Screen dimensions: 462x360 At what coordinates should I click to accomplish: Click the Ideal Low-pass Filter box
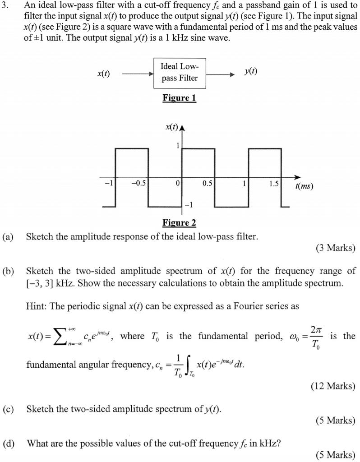pos(180,73)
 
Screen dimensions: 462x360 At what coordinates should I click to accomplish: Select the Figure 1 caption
pos(179,98)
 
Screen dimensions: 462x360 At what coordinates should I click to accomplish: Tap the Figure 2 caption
pos(179,223)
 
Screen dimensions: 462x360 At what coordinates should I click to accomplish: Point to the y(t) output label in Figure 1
pos(251,72)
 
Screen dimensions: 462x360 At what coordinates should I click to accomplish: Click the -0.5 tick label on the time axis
pos(138,184)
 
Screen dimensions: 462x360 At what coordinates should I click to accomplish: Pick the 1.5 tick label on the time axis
pos(273,184)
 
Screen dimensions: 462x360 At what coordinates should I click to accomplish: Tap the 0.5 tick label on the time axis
pos(208,184)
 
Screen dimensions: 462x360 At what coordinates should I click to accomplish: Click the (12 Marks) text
pos(333,386)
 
